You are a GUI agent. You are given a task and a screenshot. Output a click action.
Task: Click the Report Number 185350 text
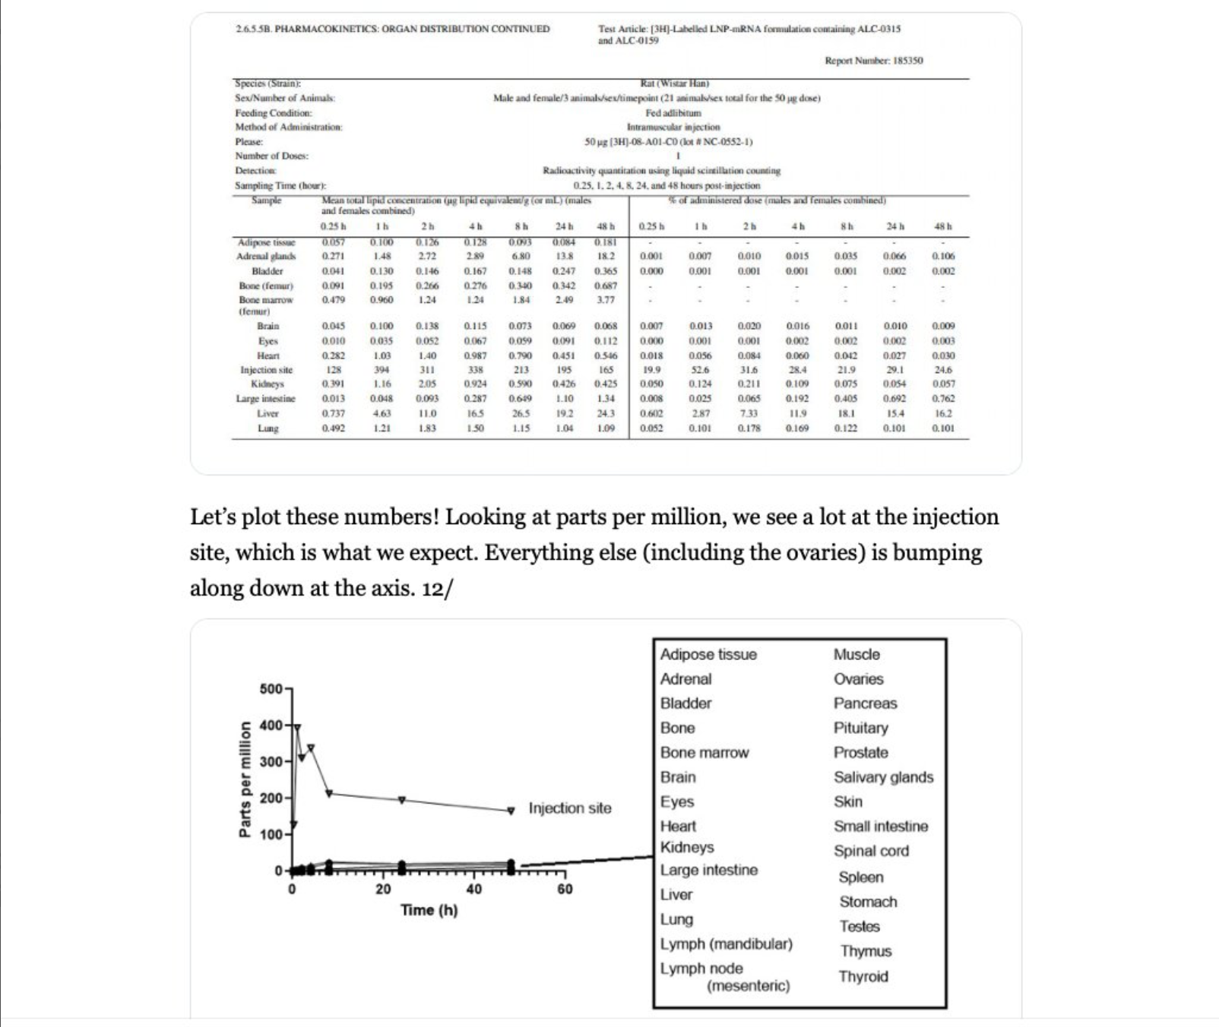point(873,61)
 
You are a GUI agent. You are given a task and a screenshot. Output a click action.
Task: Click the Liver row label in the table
point(268,413)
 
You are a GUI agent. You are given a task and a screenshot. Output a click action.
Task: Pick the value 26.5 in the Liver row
point(521,413)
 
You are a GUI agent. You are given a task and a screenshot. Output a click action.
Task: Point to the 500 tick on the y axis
point(271,689)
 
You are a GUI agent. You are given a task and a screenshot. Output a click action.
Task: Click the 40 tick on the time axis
point(473,890)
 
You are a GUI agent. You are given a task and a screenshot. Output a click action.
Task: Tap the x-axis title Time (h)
point(429,910)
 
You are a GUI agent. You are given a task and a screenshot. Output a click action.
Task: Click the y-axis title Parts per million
point(245,779)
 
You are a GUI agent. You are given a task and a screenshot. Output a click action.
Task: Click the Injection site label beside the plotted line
point(569,808)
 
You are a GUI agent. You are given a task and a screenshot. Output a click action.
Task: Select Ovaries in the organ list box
point(858,679)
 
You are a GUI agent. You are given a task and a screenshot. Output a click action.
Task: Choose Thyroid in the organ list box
point(863,977)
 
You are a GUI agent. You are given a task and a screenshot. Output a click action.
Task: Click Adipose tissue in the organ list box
point(708,655)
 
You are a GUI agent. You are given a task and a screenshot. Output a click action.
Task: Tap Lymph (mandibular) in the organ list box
point(726,943)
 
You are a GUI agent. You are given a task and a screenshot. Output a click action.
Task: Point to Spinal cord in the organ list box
point(870,851)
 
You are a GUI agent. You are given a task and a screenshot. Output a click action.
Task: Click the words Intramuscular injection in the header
point(673,127)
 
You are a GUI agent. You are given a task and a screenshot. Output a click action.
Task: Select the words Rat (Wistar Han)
point(675,84)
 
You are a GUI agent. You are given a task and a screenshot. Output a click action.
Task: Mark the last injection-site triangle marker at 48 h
point(511,811)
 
